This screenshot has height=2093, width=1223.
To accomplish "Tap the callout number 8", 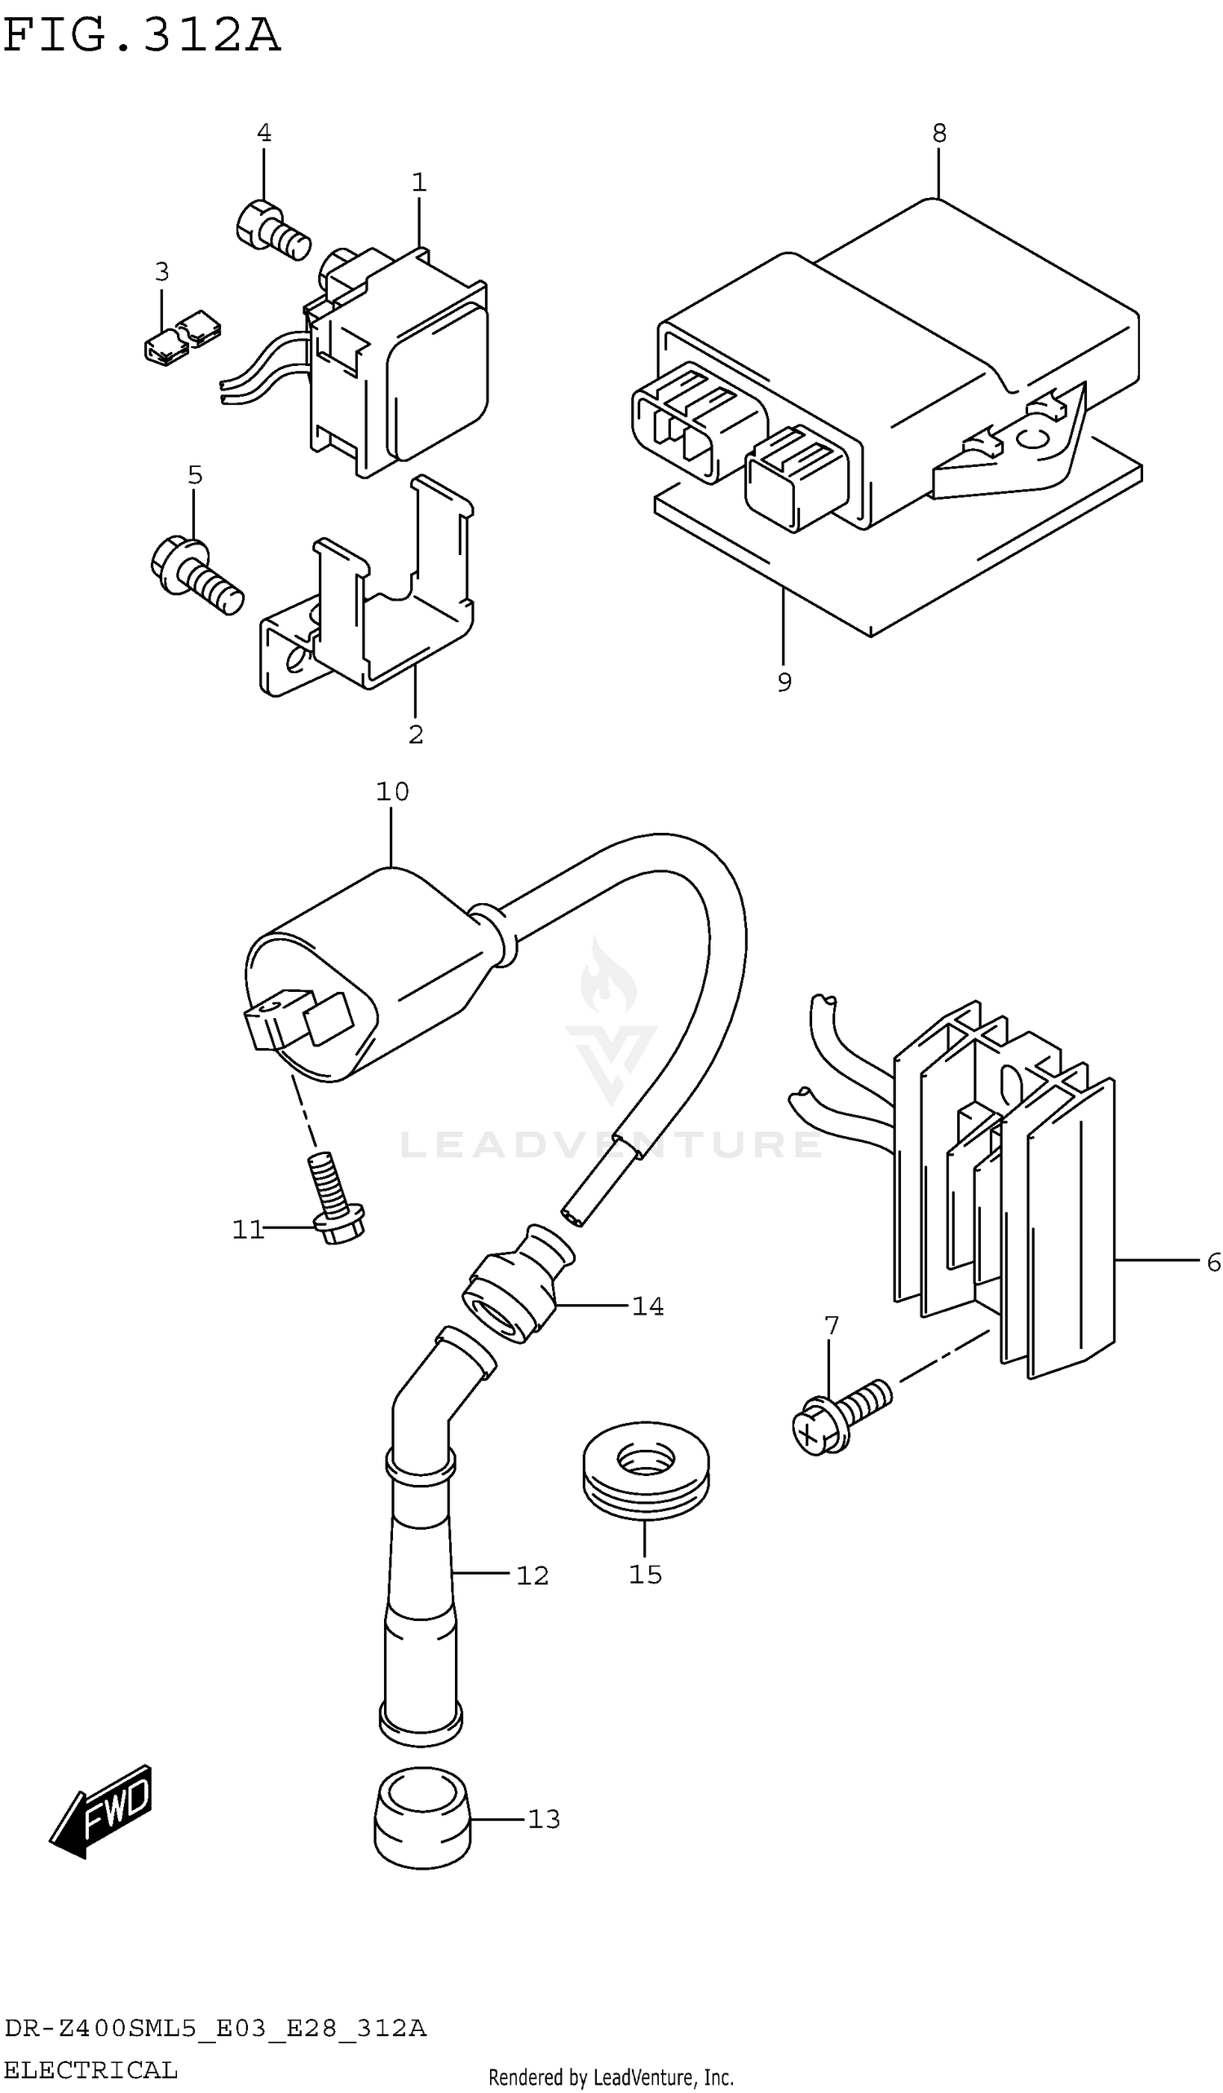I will click(x=938, y=133).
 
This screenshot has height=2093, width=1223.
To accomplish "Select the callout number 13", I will click(x=544, y=1819).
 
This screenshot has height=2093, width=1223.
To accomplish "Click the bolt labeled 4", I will click(x=272, y=228).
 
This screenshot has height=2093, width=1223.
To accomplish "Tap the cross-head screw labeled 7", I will click(x=839, y=1416).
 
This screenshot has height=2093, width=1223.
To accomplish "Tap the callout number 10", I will click(x=392, y=791).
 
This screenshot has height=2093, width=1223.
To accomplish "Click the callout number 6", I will click(x=1213, y=1263).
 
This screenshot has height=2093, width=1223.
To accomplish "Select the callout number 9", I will click(x=784, y=682).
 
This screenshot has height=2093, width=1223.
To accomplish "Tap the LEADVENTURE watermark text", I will click(x=611, y=1144).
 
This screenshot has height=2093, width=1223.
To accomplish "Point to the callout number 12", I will click(x=532, y=1575).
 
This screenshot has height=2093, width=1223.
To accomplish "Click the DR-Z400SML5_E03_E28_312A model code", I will click(x=215, y=2029).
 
